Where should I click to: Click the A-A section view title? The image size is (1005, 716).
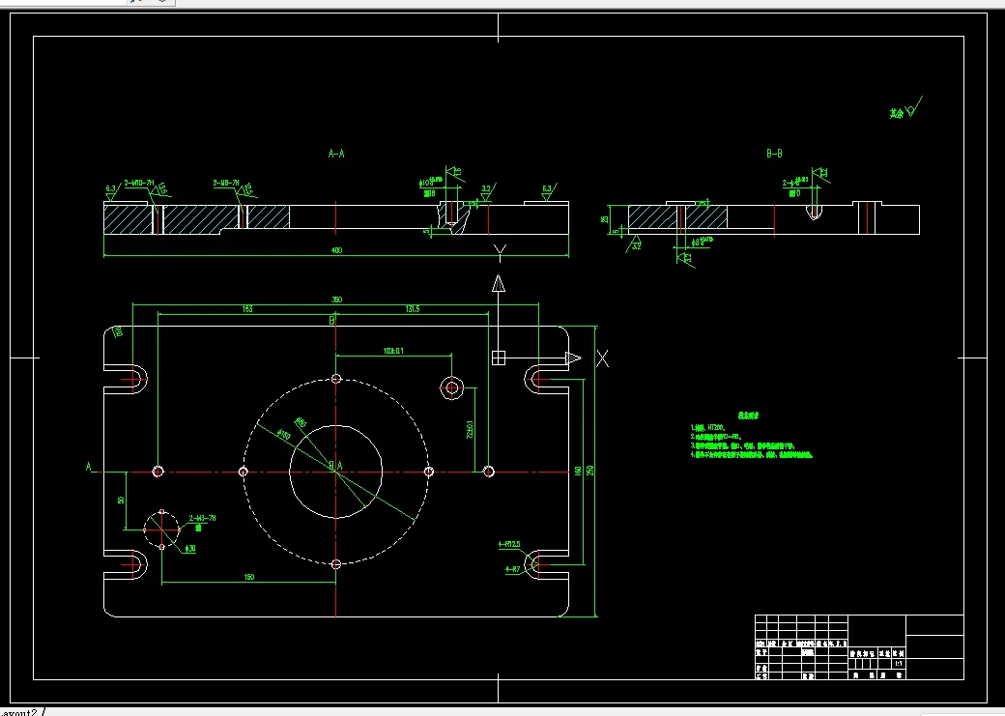pyautogui.click(x=336, y=154)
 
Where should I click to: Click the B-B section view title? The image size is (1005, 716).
pyautogui.click(x=774, y=154)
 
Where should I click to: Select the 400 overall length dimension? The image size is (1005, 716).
pyautogui.click(x=336, y=251)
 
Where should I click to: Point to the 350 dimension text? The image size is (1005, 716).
pyautogui.click(x=336, y=300)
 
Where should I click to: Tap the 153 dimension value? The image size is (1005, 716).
pyautogui.click(x=247, y=309)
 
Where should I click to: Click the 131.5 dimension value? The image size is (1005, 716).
pyautogui.click(x=413, y=309)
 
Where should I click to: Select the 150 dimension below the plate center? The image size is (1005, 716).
pyautogui.click(x=248, y=577)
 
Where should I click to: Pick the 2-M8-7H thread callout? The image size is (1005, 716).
pyautogui.click(x=227, y=182)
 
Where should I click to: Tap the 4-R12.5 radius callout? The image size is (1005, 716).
pyautogui.click(x=509, y=544)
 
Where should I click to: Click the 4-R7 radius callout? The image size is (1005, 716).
pyautogui.click(x=512, y=569)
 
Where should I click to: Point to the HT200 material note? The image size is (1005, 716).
pyautogui.click(x=715, y=427)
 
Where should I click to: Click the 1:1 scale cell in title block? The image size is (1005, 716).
pyautogui.click(x=899, y=664)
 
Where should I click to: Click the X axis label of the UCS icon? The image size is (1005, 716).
pyautogui.click(x=602, y=358)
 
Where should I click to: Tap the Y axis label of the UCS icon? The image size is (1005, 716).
pyautogui.click(x=500, y=253)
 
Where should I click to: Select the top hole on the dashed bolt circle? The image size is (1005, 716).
pyautogui.click(x=336, y=379)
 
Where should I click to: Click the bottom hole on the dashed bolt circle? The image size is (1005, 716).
pyautogui.click(x=336, y=563)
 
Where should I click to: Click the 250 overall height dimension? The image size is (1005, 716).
pyautogui.click(x=590, y=471)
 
